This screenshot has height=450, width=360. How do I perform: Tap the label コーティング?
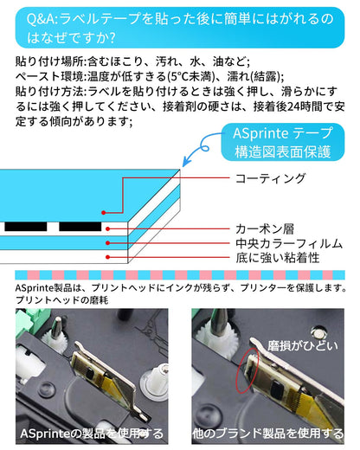click(x=271, y=178)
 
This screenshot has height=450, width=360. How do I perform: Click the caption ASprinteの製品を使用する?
click(x=93, y=432)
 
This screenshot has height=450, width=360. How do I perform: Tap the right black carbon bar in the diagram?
click(x=79, y=226)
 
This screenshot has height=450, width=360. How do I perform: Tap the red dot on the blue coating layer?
click(x=106, y=210)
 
